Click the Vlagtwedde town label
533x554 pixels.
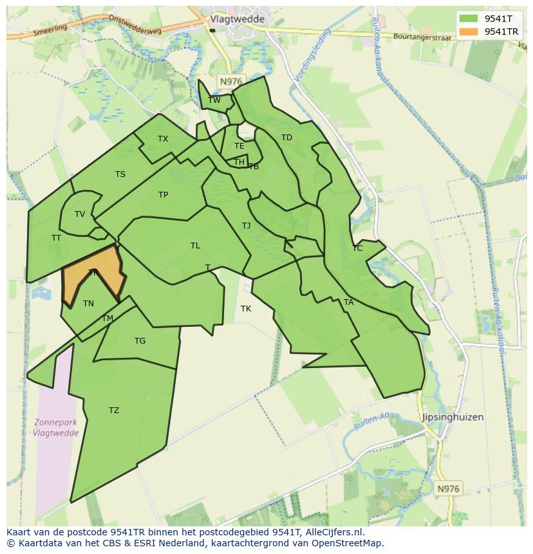pyautogui.click(x=237, y=19)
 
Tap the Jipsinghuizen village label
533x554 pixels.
pyautogui.click(x=453, y=417)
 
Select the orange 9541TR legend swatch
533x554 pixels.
pyautogui.click(x=469, y=32)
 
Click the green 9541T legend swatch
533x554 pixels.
pyautogui.click(x=469, y=19)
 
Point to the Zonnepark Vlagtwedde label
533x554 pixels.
pyautogui.click(x=56, y=428)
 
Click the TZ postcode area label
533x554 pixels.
pyautogui.click(x=114, y=411)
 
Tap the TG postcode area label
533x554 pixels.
pyautogui.click(x=140, y=341)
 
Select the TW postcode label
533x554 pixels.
pyautogui.click(x=214, y=100)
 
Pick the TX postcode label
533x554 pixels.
pyautogui.click(x=163, y=139)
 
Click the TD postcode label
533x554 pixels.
pyautogui.click(x=286, y=138)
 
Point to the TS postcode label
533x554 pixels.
pyautogui.click(x=120, y=174)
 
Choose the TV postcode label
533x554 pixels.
pyautogui.click(x=80, y=214)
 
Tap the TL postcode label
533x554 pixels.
pyautogui.click(x=195, y=246)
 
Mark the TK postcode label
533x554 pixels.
pyautogui.click(x=246, y=309)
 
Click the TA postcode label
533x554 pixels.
pyautogui.click(x=348, y=302)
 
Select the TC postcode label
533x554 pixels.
pyautogui.click(x=357, y=248)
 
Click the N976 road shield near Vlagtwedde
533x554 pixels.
pyautogui.click(x=230, y=81)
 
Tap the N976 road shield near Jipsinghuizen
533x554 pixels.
pyautogui.click(x=448, y=489)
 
